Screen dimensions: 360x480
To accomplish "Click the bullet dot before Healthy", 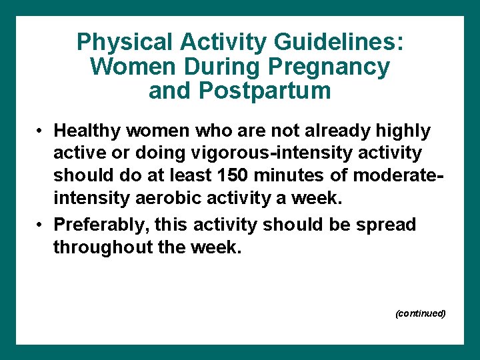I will (41, 131).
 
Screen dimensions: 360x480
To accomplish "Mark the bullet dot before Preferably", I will (41, 225).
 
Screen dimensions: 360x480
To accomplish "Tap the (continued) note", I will (420, 313).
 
